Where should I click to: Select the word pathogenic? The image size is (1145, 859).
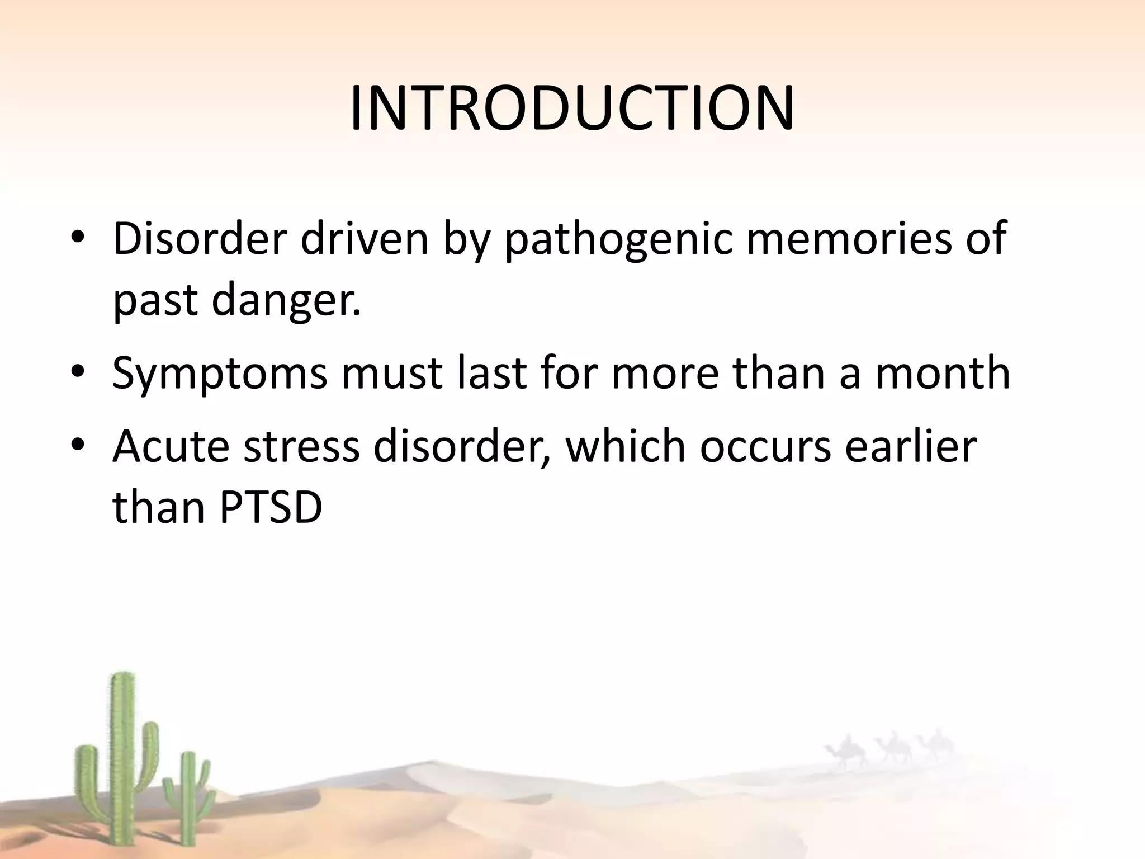click(618, 239)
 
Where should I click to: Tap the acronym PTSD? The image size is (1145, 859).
click(271, 508)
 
